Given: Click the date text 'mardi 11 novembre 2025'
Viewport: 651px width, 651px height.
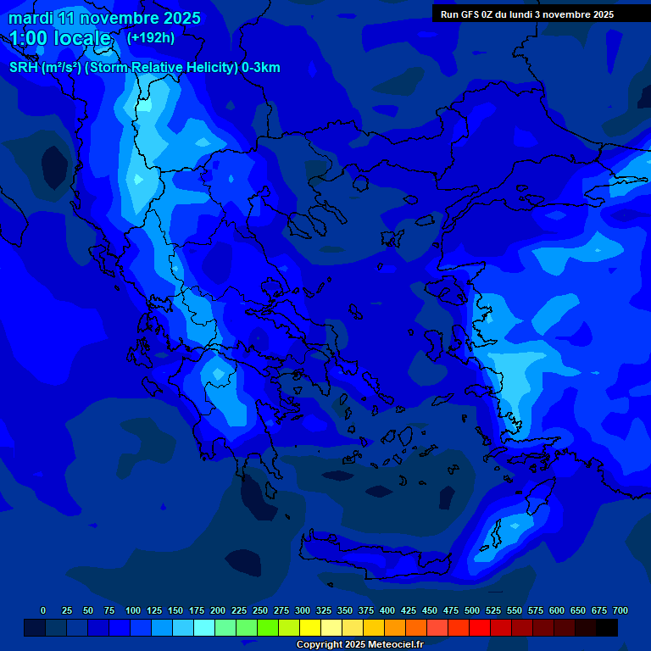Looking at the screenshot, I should click(x=104, y=18).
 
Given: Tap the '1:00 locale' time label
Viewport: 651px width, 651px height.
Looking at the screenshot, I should click(x=60, y=38).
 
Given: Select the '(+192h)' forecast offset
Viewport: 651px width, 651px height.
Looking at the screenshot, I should click(x=151, y=37).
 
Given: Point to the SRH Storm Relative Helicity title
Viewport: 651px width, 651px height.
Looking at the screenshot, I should click(x=144, y=68).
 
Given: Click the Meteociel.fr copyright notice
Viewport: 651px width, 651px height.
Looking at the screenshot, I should click(x=359, y=644).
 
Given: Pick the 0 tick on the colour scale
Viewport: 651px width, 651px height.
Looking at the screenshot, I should click(x=43, y=610).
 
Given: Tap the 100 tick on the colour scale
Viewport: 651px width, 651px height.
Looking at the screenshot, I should click(x=133, y=610).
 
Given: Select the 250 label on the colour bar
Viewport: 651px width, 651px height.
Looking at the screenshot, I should click(x=260, y=610).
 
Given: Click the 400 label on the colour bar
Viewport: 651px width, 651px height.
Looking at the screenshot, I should click(x=387, y=610).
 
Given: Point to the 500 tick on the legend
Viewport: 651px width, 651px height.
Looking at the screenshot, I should click(x=472, y=610).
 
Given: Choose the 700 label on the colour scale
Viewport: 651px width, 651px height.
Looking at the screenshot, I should click(x=620, y=610).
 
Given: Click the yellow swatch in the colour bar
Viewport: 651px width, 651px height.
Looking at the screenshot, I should click(x=310, y=628).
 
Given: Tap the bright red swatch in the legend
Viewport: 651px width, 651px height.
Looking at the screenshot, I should click(x=480, y=628).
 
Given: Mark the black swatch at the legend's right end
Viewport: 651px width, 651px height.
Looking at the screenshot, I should click(x=607, y=628).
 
